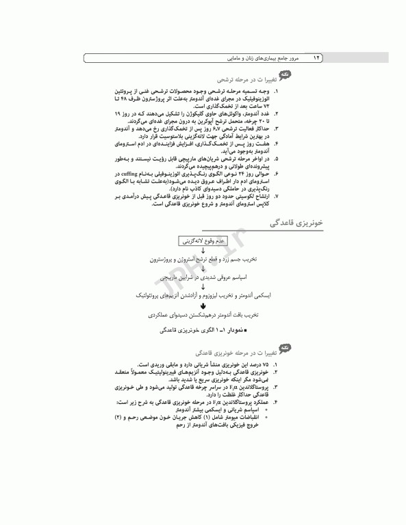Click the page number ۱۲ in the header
(x=316, y=59)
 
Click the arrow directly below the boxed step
(x=203, y=251)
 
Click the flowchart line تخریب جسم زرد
(x=203, y=260)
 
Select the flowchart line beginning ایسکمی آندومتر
(x=203, y=295)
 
